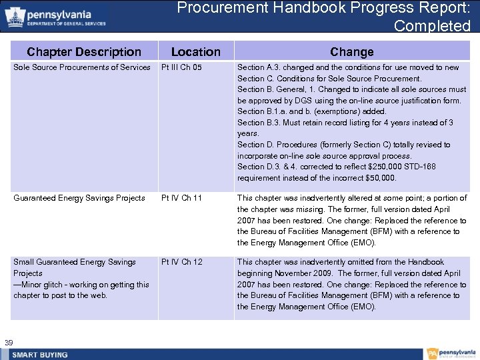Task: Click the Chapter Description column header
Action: click(84, 51)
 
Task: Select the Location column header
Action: click(195, 51)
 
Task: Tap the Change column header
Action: click(351, 51)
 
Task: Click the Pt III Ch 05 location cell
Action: click(181, 67)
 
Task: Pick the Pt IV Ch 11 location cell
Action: click(181, 198)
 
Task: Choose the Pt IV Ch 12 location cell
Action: click(181, 262)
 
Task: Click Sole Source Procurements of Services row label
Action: click(82, 67)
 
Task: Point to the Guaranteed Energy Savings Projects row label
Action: click(79, 198)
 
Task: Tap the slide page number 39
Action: click(9, 343)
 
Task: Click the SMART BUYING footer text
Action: click(40, 355)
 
